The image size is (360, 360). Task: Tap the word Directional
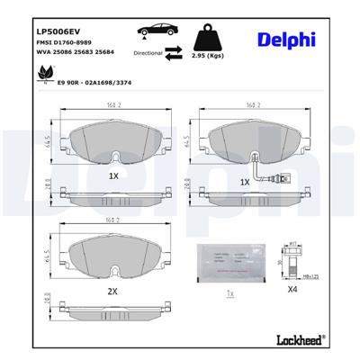tap(148, 54)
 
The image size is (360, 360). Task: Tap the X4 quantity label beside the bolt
tap(292, 291)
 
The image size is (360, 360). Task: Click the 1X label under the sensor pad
tap(245, 182)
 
